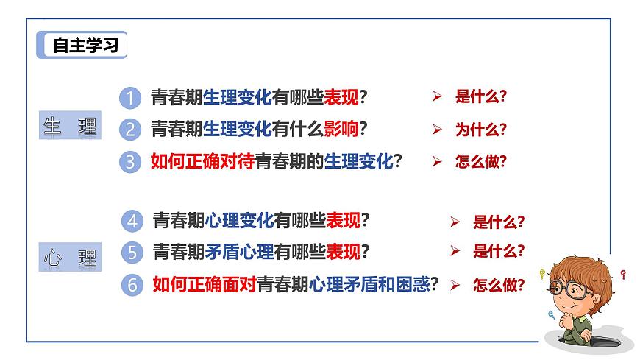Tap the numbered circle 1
point(129,97)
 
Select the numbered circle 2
point(129,130)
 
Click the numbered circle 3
point(129,162)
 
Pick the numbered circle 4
point(132,220)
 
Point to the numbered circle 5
point(132,253)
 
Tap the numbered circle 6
point(132,285)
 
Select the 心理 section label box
point(70,258)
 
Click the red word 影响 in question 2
point(341,129)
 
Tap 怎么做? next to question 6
point(499,285)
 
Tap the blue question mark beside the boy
point(551,314)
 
